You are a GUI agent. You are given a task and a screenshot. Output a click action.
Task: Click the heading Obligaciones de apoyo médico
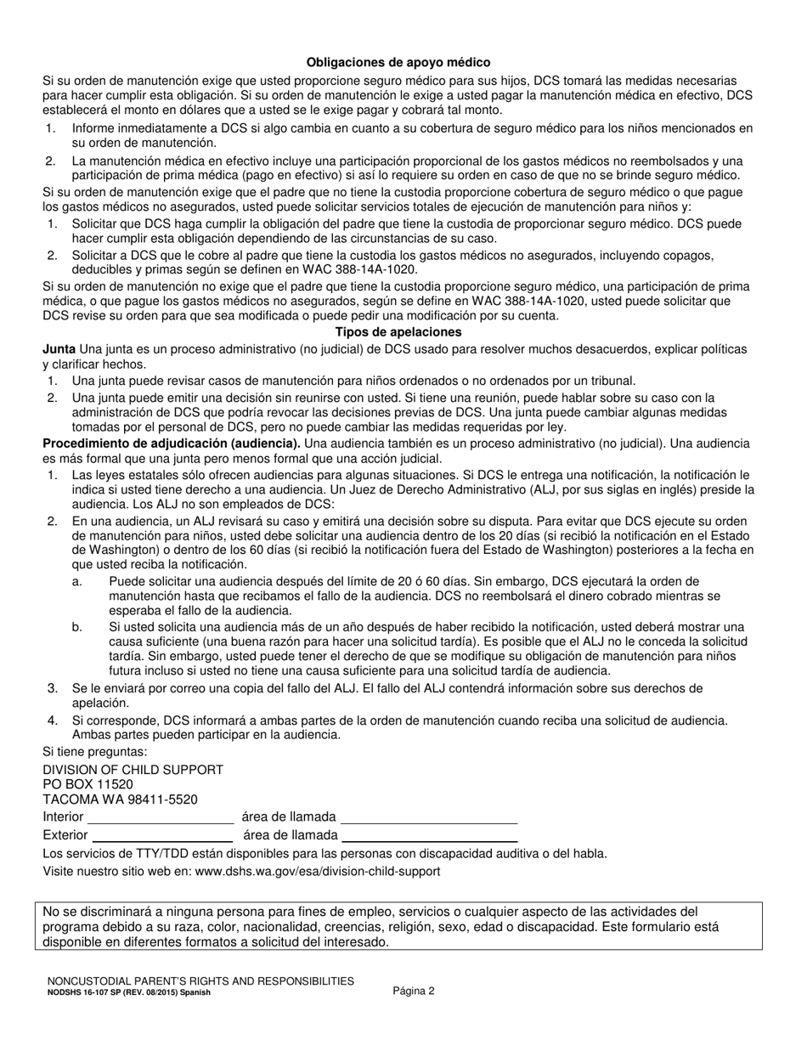(398, 63)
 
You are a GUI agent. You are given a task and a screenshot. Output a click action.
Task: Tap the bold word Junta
(59, 349)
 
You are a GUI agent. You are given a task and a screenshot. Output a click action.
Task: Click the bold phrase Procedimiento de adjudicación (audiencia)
(171, 443)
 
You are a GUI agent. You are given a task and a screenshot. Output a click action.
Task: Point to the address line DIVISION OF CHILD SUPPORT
(133, 769)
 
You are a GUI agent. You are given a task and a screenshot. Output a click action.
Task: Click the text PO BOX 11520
(87, 784)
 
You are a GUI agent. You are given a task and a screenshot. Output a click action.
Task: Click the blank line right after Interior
(161, 817)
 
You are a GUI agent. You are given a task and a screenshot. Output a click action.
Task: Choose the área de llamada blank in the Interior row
(428, 817)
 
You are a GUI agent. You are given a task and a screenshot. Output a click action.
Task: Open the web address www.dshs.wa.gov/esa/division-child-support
(318, 871)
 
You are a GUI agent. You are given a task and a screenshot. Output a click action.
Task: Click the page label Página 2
(414, 991)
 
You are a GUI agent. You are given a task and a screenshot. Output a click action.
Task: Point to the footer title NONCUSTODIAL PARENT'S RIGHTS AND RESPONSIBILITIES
(200, 980)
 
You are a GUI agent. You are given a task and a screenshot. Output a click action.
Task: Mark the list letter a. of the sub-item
(77, 581)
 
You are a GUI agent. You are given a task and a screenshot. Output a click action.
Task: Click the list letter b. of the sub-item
(77, 626)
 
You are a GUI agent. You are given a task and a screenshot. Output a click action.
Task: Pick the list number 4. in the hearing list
(53, 720)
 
